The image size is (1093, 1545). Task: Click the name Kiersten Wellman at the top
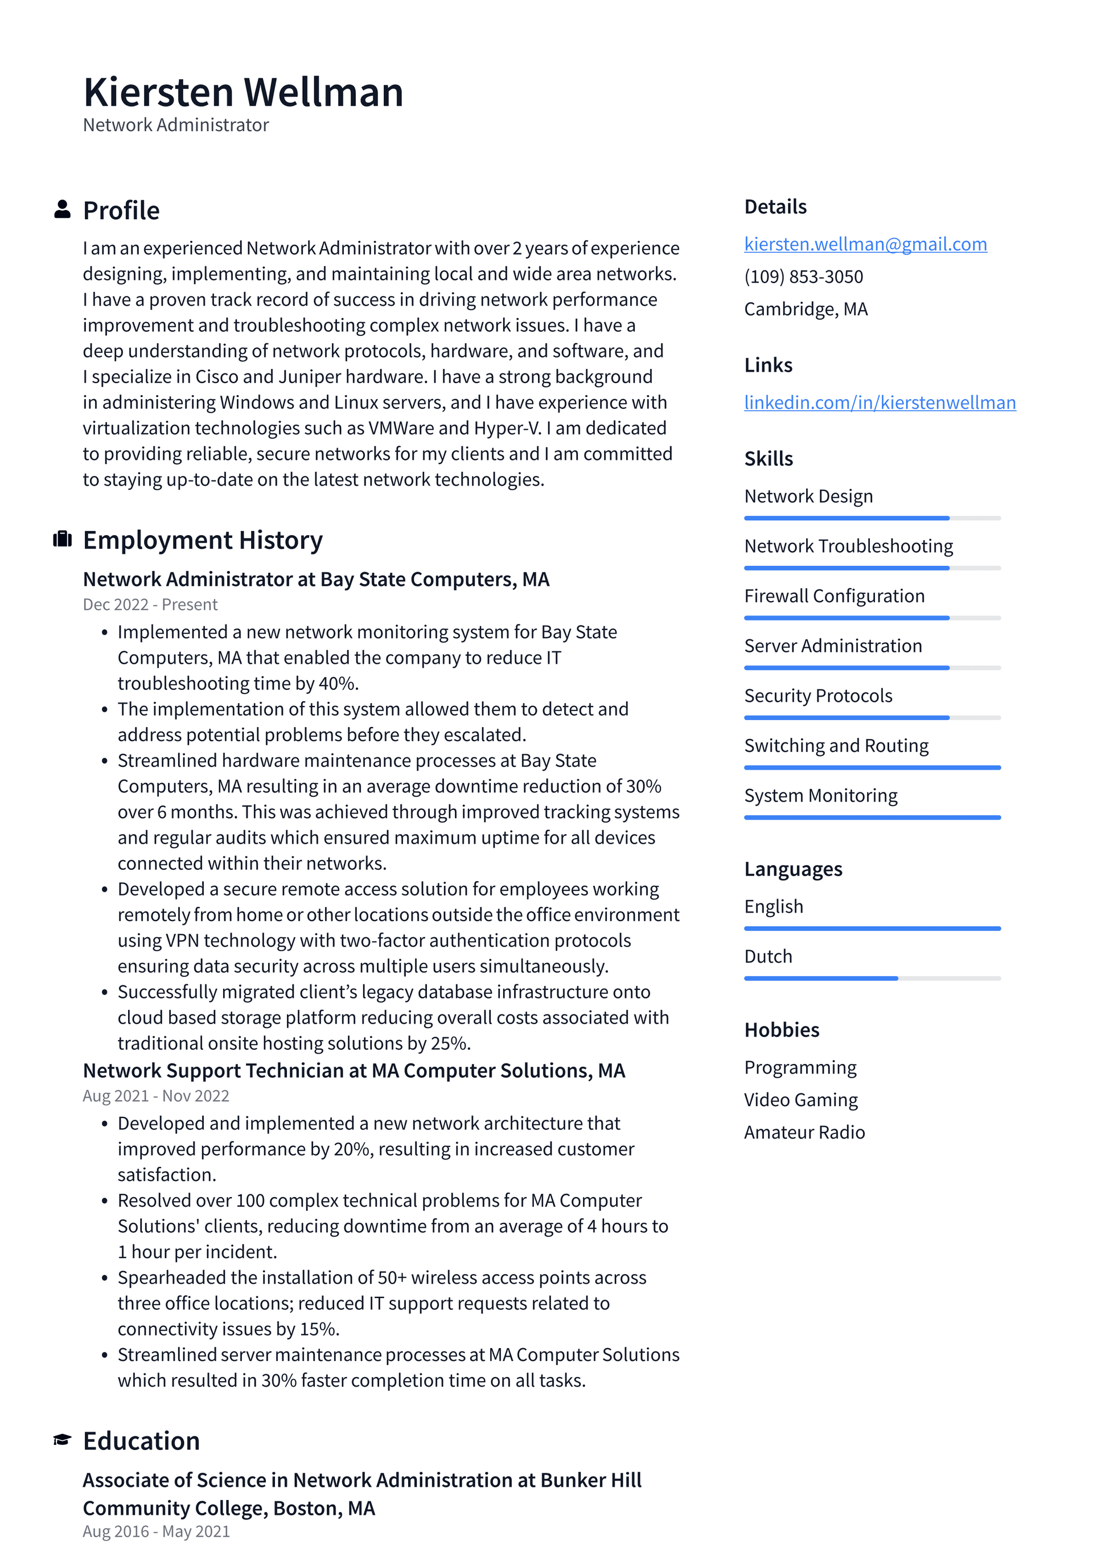coord(243,93)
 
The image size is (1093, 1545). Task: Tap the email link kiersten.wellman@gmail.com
coord(865,244)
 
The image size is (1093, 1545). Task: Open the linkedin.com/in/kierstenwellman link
coord(879,402)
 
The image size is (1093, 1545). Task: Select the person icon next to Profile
coord(62,209)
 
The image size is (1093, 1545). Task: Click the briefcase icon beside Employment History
coord(62,539)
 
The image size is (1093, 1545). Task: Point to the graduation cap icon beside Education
coord(62,1440)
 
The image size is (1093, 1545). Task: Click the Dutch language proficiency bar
coord(872,978)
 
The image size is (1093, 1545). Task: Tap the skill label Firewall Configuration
coord(834,596)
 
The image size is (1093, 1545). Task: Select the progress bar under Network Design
coord(872,518)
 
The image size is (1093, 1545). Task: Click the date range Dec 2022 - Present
coord(150,604)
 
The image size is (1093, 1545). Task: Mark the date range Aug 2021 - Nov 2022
coord(155,1095)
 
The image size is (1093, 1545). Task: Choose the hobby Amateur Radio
coord(804,1132)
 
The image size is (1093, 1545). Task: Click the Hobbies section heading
coord(782,1030)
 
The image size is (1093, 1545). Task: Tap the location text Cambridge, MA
coord(805,309)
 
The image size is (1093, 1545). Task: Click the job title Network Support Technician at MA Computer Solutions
coord(354,1070)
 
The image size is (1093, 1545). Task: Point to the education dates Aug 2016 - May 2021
coord(156,1531)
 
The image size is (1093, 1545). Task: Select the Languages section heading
coord(793,869)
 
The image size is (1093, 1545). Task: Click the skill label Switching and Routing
coord(836,746)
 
